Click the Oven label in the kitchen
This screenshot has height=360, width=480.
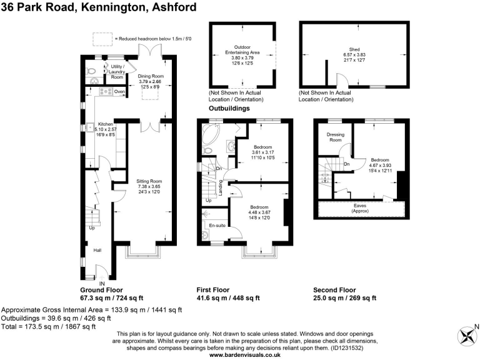tap(120, 92)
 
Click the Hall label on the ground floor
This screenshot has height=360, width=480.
tap(97, 250)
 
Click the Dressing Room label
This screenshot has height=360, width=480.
tap(336, 137)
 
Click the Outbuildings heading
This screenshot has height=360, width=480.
tap(229, 108)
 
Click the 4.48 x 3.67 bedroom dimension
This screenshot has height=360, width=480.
tap(259, 212)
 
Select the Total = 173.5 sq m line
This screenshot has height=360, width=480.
tap(48, 326)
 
